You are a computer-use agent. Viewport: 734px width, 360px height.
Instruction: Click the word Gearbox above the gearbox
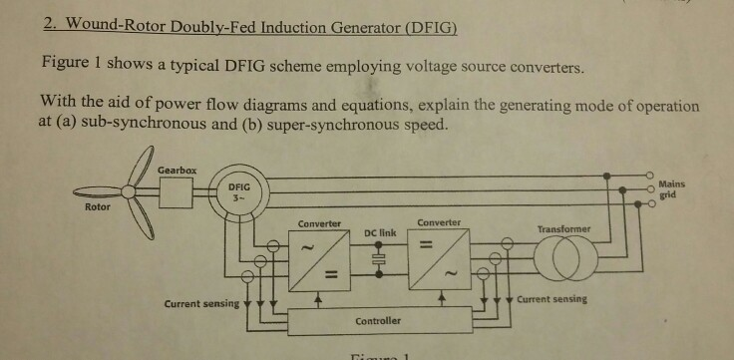(x=177, y=172)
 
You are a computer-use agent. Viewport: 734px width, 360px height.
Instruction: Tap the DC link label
(x=380, y=232)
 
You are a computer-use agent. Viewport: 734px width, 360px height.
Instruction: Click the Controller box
(x=378, y=321)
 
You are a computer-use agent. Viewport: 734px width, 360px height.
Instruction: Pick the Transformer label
(x=563, y=229)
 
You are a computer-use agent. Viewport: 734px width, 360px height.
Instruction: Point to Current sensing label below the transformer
(x=552, y=299)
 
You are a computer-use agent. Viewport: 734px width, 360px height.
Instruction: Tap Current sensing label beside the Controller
(x=200, y=303)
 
